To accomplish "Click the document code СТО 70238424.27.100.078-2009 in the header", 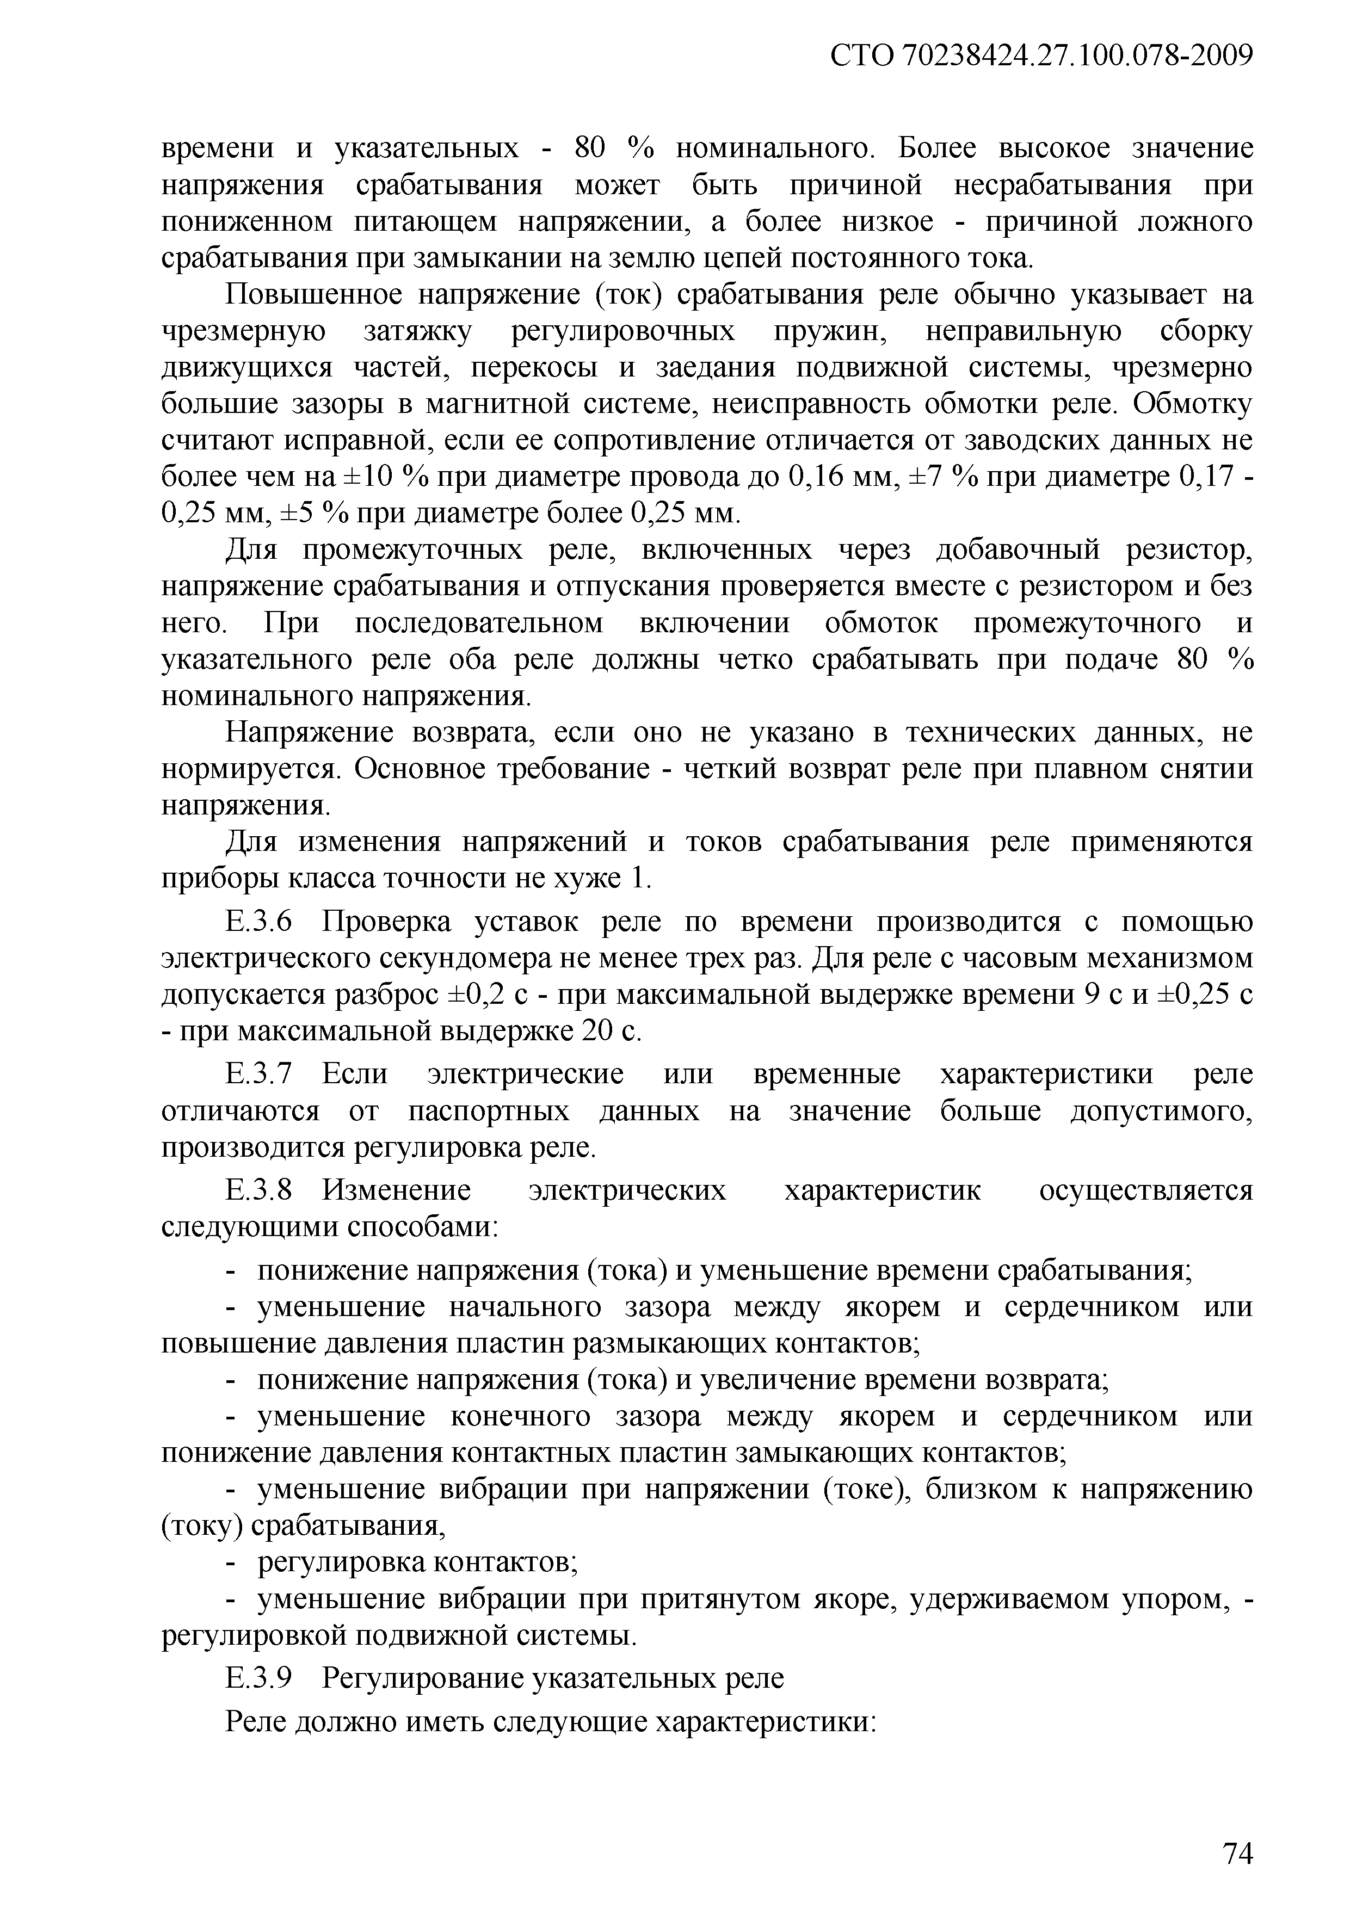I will point(1041,57).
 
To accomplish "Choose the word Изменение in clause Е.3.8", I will point(397,1191).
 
